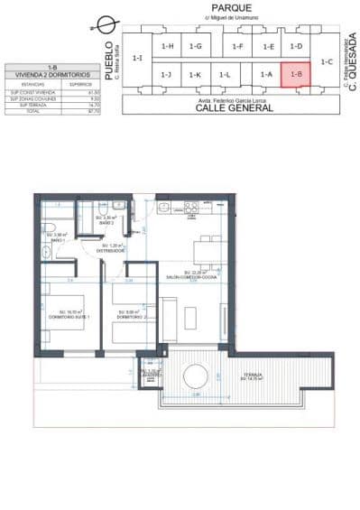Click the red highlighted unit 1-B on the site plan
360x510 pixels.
(x=295, y=74)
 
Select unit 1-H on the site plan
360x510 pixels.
(x=166, y=46)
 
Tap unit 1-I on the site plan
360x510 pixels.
(x=137, y=58)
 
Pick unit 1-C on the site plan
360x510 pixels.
(x=326, y=61)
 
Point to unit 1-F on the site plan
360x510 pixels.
(x=237, y=46)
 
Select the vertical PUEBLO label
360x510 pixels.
(x=109, y=60)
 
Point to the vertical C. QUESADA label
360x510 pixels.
(x=353, y=62)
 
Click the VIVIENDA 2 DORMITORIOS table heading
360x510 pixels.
(x=52, y=74)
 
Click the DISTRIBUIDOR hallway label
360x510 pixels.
(x=113, y=249)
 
